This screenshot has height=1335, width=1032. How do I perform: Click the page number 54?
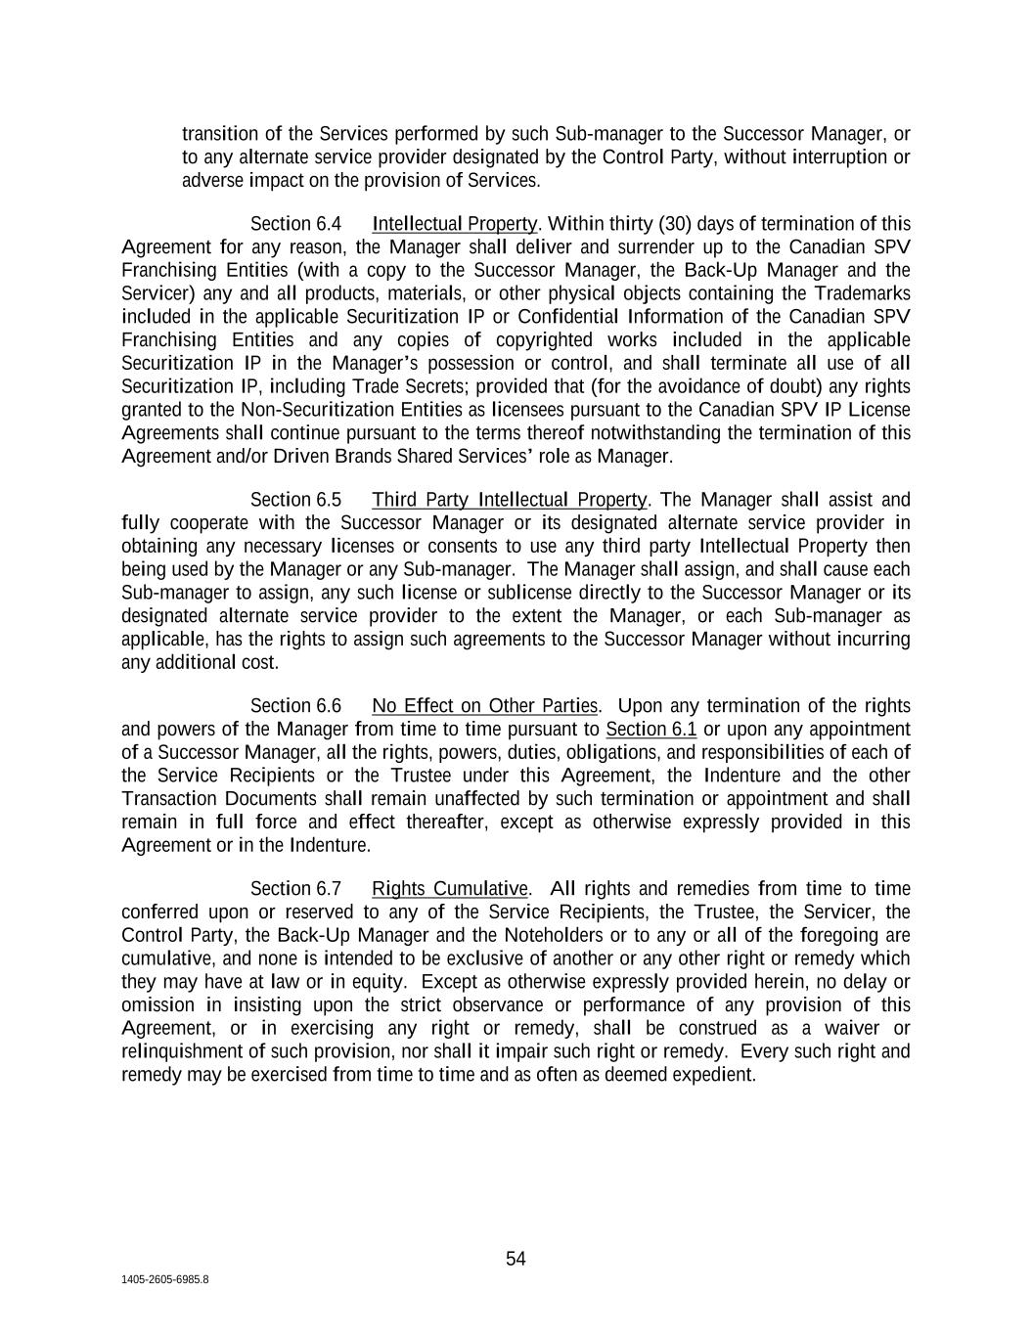516,1259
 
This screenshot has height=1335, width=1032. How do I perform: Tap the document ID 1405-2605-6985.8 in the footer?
165,1279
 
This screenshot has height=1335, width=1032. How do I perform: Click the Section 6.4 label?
295,224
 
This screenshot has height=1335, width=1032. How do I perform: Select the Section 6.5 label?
295,500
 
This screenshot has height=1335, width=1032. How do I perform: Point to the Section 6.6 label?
295,706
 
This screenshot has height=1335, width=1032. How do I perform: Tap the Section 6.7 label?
295,888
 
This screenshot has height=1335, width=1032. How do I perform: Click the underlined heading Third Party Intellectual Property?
509,500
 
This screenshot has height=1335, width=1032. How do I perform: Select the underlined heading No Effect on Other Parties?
485,706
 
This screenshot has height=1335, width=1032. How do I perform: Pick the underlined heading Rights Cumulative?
450,888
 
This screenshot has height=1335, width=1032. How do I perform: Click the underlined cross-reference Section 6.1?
651,730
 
